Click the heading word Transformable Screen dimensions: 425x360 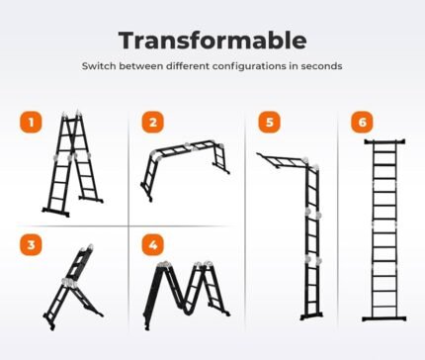click(x=212, y=41)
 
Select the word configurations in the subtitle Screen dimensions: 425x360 click(x=249, y=66)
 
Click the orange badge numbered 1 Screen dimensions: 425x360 click(x=32, y=123)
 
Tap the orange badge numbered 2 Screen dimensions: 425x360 click(x=153, y=123)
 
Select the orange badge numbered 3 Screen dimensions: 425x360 click(x=32, y=245)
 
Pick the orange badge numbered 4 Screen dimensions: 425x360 click(x=153, y=245)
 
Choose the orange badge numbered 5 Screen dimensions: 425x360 click(x=270, y=123)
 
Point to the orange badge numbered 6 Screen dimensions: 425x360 click(x=362, y=123)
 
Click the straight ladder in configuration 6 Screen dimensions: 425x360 click(x=384, y=230)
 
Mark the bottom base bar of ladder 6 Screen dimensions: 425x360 click(x=384, y=318)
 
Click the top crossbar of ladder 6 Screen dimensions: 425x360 click(x=384, y=141)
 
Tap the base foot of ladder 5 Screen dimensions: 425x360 click(x=311, y=316)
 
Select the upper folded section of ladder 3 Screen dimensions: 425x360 click(x=79, y=262)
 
